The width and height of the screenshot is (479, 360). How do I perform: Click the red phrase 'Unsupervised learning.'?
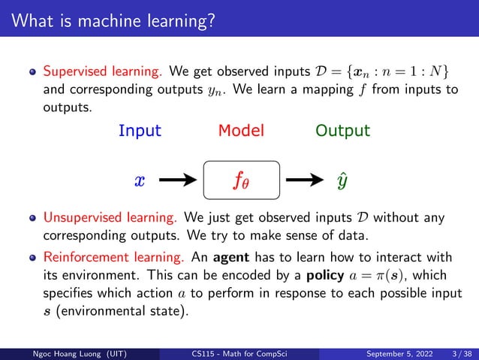pyautogui.click(x=110, y=219)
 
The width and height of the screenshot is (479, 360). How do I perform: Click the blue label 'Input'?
pyautogui.click(x=140, y=131)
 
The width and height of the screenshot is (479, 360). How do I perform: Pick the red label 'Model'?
pyautogui.click(x=241, y=131)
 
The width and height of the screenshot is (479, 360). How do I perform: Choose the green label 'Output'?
pyautogui.click(x=342, y=131)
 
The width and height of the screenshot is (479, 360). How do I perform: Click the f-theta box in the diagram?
pyautogui.click(x=241, y=180)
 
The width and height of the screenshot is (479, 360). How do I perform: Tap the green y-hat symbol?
pyautogui.click(x=342, y=180)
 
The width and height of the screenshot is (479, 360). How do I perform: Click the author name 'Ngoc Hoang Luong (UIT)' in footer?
pyautogui.click(x=67, y=353)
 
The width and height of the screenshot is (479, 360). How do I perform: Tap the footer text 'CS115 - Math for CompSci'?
pyautogui.click(x=239, y=353)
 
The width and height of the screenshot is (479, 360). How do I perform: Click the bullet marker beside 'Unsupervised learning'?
pyautogui.click(x=32, y=219)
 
